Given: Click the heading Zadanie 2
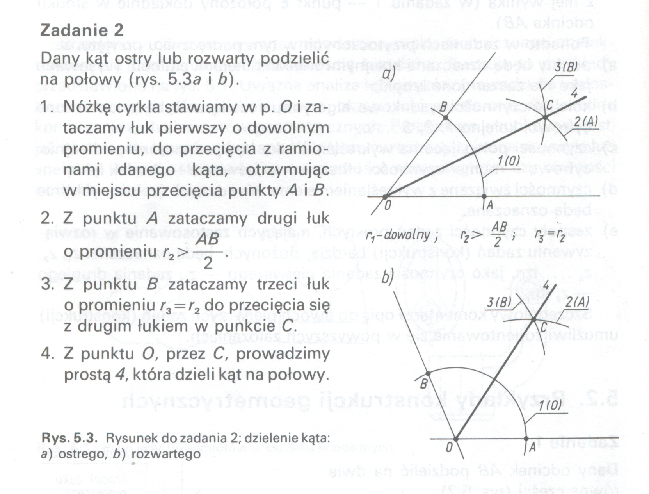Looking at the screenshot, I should [82, 30].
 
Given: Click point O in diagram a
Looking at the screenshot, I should [385, 196].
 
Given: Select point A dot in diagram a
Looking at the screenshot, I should [484, 196].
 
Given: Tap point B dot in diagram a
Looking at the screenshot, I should [446, 117].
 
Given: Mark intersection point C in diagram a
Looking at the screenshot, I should [545, 116].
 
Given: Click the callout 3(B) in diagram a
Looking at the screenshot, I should [565, 68].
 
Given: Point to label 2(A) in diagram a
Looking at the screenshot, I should [586, 122].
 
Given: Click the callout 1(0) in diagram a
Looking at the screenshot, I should [509, 161].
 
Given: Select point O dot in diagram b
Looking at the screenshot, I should [455, 439].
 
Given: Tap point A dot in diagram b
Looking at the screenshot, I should [526, 439].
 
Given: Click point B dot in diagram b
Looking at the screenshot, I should [428, 374].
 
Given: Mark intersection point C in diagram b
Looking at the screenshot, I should [534, 320].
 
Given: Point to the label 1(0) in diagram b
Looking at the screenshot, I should [550, 405].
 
